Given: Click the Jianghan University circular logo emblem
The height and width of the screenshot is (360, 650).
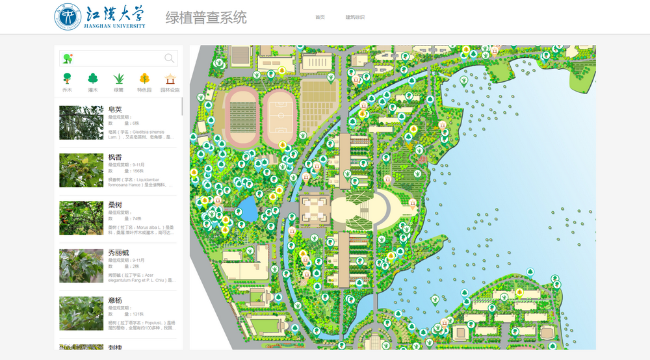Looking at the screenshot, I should click(68, 17).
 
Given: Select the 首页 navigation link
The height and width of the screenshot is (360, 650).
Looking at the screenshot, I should click(320, 17).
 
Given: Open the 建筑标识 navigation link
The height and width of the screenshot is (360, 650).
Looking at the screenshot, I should click(355, 17).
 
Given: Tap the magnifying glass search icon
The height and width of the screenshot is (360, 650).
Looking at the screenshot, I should click(170, 58).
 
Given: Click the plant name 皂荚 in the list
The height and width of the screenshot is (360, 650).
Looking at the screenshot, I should click(115, 109).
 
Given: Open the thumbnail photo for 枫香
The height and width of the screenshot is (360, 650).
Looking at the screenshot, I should click(81, 170).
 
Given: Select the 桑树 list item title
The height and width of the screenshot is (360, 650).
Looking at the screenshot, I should click(115, 205).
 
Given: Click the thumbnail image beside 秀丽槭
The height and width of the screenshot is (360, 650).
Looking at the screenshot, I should click(81, 266).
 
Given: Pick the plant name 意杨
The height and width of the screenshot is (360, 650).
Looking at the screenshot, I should click(115, 300).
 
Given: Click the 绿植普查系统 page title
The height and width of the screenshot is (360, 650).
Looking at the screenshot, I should click(206, 18).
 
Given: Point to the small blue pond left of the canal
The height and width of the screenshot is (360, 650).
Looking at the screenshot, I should click(246, 209).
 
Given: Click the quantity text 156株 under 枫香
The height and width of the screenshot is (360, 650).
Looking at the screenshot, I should click(136, 171).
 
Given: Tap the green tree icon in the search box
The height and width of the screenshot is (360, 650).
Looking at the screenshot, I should click(67, 58).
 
